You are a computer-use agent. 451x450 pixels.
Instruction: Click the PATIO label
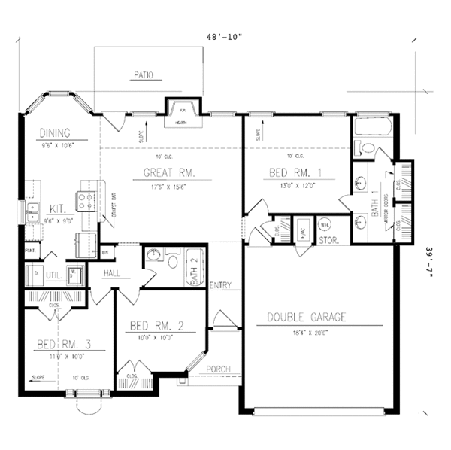pyautogui.click(x=144, y=75)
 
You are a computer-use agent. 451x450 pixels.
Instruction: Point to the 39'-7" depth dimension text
pyautogui.click(x=429, y=264)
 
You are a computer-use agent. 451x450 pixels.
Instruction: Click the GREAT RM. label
pyautogui.click(x=170, y=173)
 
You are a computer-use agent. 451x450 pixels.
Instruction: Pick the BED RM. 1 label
pyautogui.click(x=295, y=173)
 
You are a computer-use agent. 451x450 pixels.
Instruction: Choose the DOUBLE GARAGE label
pyautogui.click(x=307, y=318)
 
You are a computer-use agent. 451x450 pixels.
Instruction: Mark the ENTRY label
pyautogui.click(x=221, y=285)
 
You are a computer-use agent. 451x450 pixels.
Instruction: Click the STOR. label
pyautogui.click(x=329, y=242)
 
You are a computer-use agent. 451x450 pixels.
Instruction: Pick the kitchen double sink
pyautogui.click(x=33, y=213)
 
